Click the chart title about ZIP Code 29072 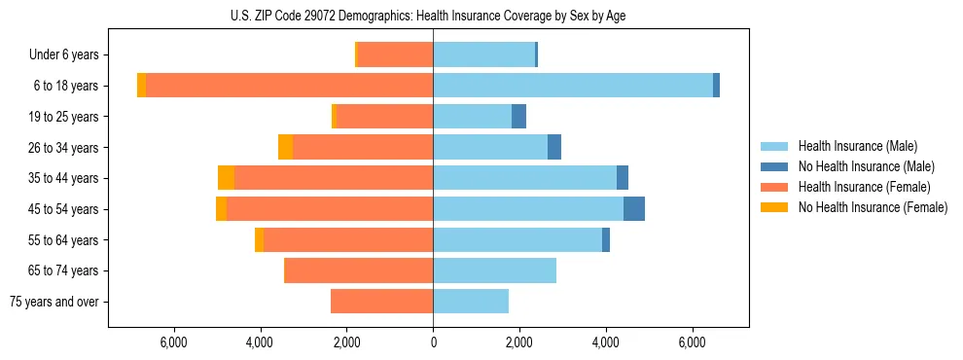coord(429,16)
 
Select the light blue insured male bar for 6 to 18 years coord(573,86)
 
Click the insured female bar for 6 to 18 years coord(289,86)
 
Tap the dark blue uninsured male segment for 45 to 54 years coord(634,209)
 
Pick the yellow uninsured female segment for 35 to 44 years coord(226,178)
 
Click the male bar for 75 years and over coord(471,302)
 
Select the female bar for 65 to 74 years coord(358,270)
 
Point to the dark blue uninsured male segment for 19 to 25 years coord(519,117)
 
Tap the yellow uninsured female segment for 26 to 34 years coord(285,147)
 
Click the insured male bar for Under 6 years coord(483,54)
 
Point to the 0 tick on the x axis coord(433,342)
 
